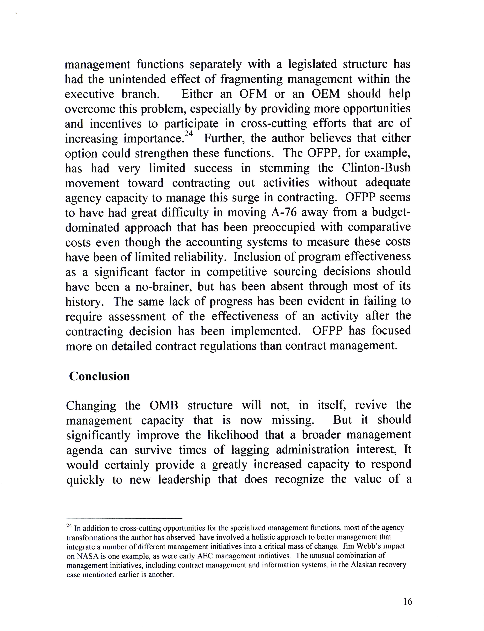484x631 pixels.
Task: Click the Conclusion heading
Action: coord(99,376)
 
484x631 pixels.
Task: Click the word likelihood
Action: coord(233,435)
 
